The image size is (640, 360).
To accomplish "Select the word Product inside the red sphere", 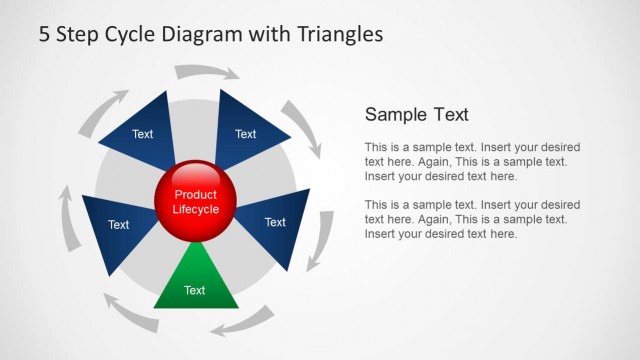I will coord(195,195).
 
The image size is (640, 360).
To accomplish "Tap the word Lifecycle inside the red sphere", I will coord(195,210).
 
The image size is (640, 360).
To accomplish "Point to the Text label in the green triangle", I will coord(195,291).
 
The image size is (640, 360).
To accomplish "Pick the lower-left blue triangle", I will coord(115,228).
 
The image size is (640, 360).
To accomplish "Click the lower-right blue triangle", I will coord(278,225).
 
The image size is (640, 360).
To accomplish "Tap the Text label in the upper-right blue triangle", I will coord(245,134).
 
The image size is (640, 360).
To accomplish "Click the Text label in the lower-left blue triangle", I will coord(118,225).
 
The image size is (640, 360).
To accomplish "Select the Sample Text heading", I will coord(416,114).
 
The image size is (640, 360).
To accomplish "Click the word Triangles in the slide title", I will coord(340,34).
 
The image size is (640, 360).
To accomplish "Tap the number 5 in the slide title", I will coord(45,34).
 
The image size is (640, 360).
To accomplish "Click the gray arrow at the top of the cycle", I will coord(207,72).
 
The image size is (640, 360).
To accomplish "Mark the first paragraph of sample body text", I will coord(472,161).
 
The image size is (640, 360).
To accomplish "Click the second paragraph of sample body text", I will coord(472,219).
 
